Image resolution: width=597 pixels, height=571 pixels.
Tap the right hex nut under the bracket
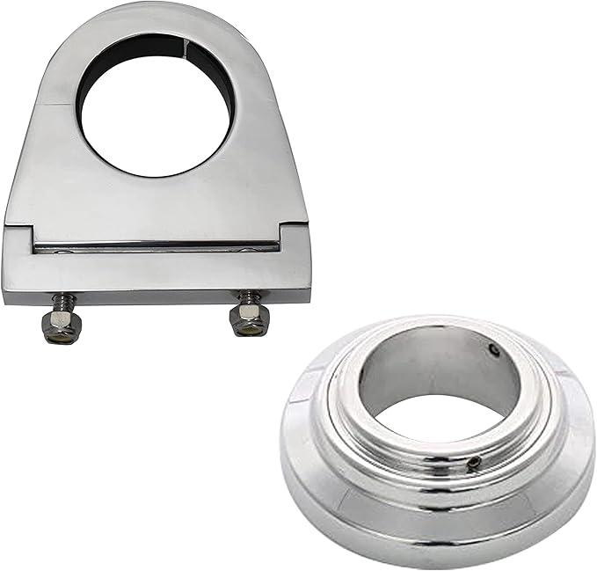[249, 320]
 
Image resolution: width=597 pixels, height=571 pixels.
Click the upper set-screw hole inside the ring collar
[494, 350]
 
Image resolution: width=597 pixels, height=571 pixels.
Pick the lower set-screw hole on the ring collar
[474, 463]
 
